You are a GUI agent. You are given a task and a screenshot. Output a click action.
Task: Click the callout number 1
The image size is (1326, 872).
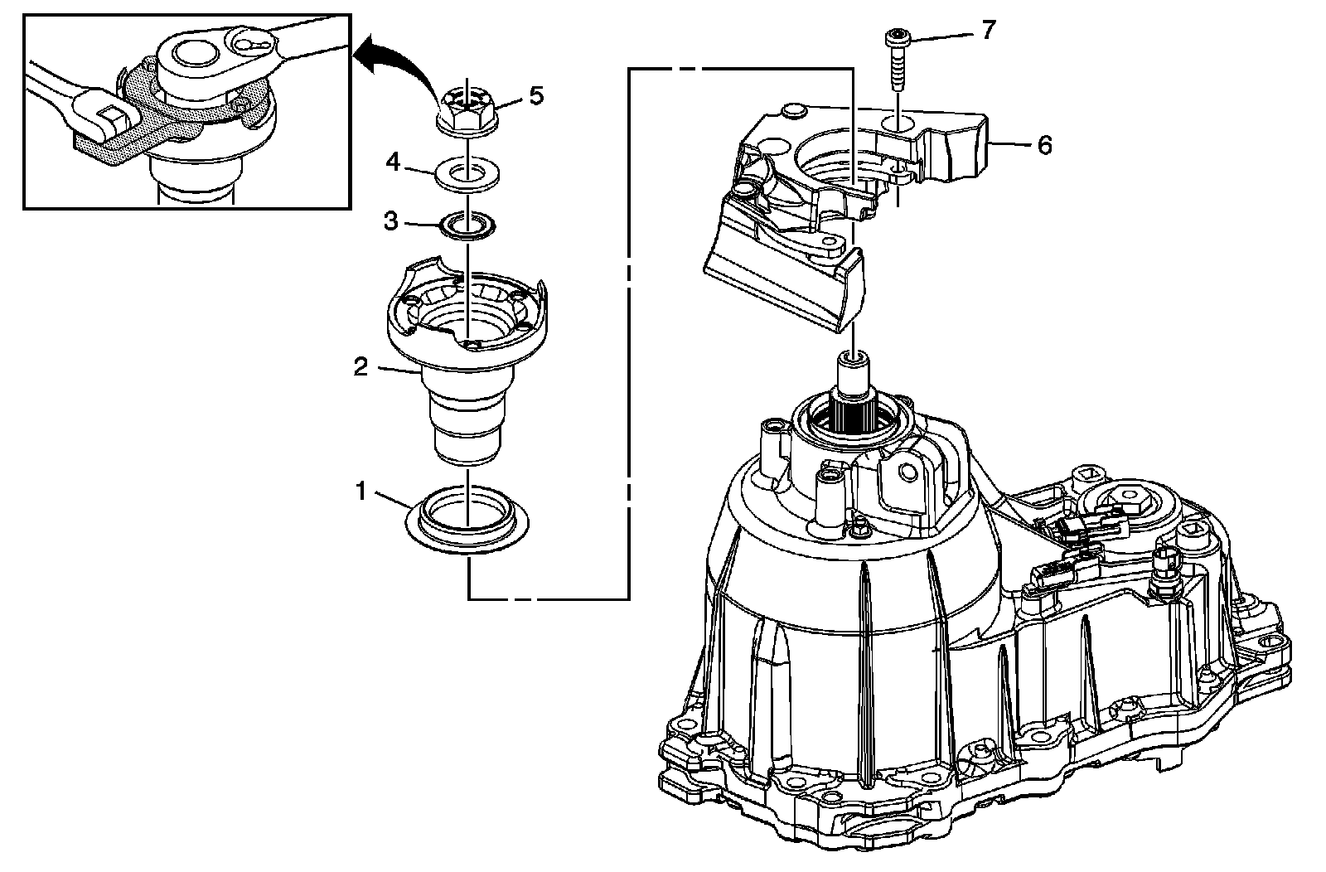click(361, 492)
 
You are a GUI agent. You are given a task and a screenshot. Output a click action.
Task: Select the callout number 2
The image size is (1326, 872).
click(361, 366)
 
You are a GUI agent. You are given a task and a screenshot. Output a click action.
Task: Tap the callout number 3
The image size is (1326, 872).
click(391, 221)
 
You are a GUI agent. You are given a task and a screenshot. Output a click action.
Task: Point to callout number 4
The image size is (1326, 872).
click(393, 162)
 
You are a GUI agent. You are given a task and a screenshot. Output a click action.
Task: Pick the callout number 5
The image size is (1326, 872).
click(536, 96)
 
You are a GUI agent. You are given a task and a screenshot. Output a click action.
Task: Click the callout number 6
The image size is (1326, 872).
click(1044, 146)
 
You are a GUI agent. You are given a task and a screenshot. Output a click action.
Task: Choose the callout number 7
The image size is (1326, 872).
click(986, 31)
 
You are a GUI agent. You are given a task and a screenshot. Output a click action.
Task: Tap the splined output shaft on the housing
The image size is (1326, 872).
click(854, 398)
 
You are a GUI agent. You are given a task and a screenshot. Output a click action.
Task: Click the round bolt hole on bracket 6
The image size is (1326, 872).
click(899, 124)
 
